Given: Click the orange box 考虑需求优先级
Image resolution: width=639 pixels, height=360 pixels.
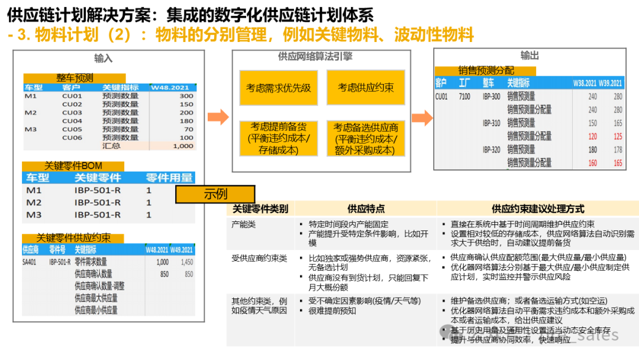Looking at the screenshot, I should [x=279, y=88].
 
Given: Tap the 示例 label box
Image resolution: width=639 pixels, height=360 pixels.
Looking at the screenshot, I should [x=215, y=194].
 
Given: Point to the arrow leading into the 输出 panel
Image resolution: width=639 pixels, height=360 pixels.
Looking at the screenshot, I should [x=421, y=117].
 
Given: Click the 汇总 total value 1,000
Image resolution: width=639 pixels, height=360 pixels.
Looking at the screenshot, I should [x=183, y=146].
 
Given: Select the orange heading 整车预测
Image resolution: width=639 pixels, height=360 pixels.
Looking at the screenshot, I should [x=75, y=78].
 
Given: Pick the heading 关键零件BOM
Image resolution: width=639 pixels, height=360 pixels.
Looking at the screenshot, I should [x=73, y=166].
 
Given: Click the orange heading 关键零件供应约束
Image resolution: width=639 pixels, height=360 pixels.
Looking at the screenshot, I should [x=73, y=238].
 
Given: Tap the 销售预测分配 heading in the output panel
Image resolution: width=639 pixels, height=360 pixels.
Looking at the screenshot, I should [x=486, y=70].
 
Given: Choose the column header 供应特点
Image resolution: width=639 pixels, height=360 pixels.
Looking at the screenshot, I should [x=366, y=208].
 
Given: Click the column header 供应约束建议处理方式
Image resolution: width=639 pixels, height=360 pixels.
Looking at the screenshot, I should [x=538, y=208].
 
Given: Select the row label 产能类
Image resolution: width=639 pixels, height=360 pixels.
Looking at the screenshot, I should [x=244, y=224].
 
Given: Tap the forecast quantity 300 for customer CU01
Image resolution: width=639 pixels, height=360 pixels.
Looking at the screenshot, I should [x=186, y=96].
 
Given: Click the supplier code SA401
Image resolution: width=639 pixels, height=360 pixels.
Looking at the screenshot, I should [x=30, y=262].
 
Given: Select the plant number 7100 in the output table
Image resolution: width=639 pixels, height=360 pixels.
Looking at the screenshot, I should [x=464, y=97].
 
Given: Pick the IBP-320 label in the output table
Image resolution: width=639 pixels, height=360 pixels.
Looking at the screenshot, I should [x=491, y=149].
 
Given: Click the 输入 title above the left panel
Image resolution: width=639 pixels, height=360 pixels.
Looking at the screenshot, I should [x=104, y=58].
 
